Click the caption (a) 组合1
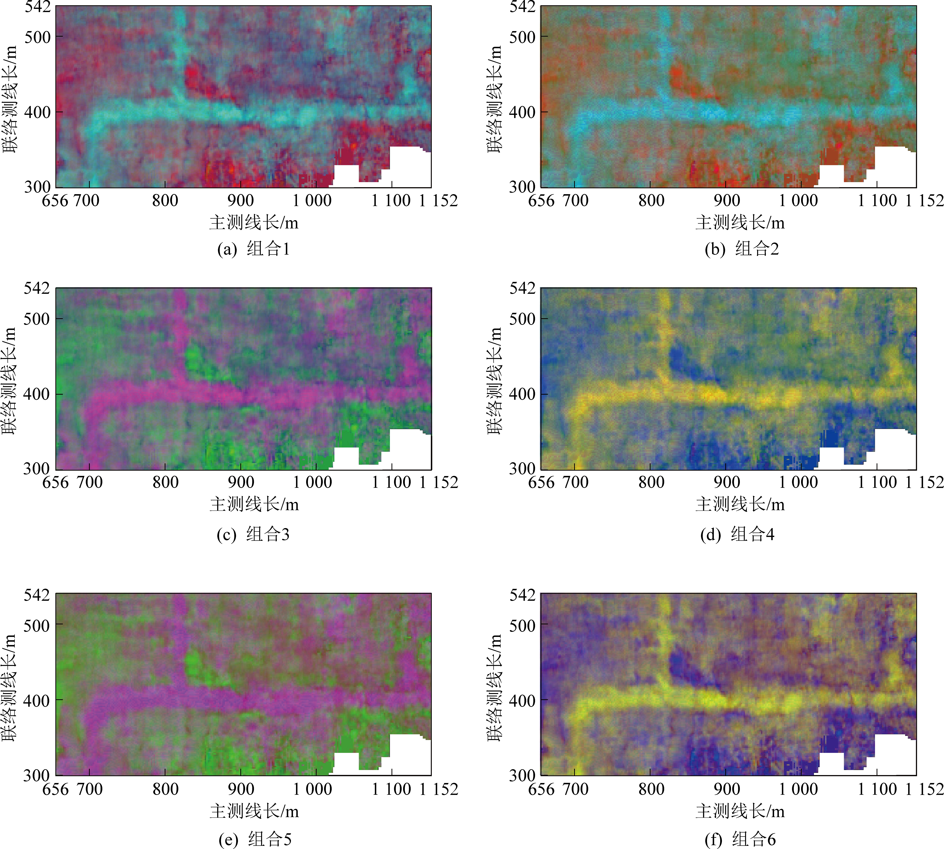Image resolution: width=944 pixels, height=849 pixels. pyautogui.click(x=253, y=249)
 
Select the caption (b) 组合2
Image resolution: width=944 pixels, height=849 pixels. pyautogui.click(x=742, y=249)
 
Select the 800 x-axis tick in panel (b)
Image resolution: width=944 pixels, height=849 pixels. pyautogui.click(x=651, y=201)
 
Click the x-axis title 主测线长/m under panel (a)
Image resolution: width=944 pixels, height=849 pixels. pyautogui.click(x=254, y=223)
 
